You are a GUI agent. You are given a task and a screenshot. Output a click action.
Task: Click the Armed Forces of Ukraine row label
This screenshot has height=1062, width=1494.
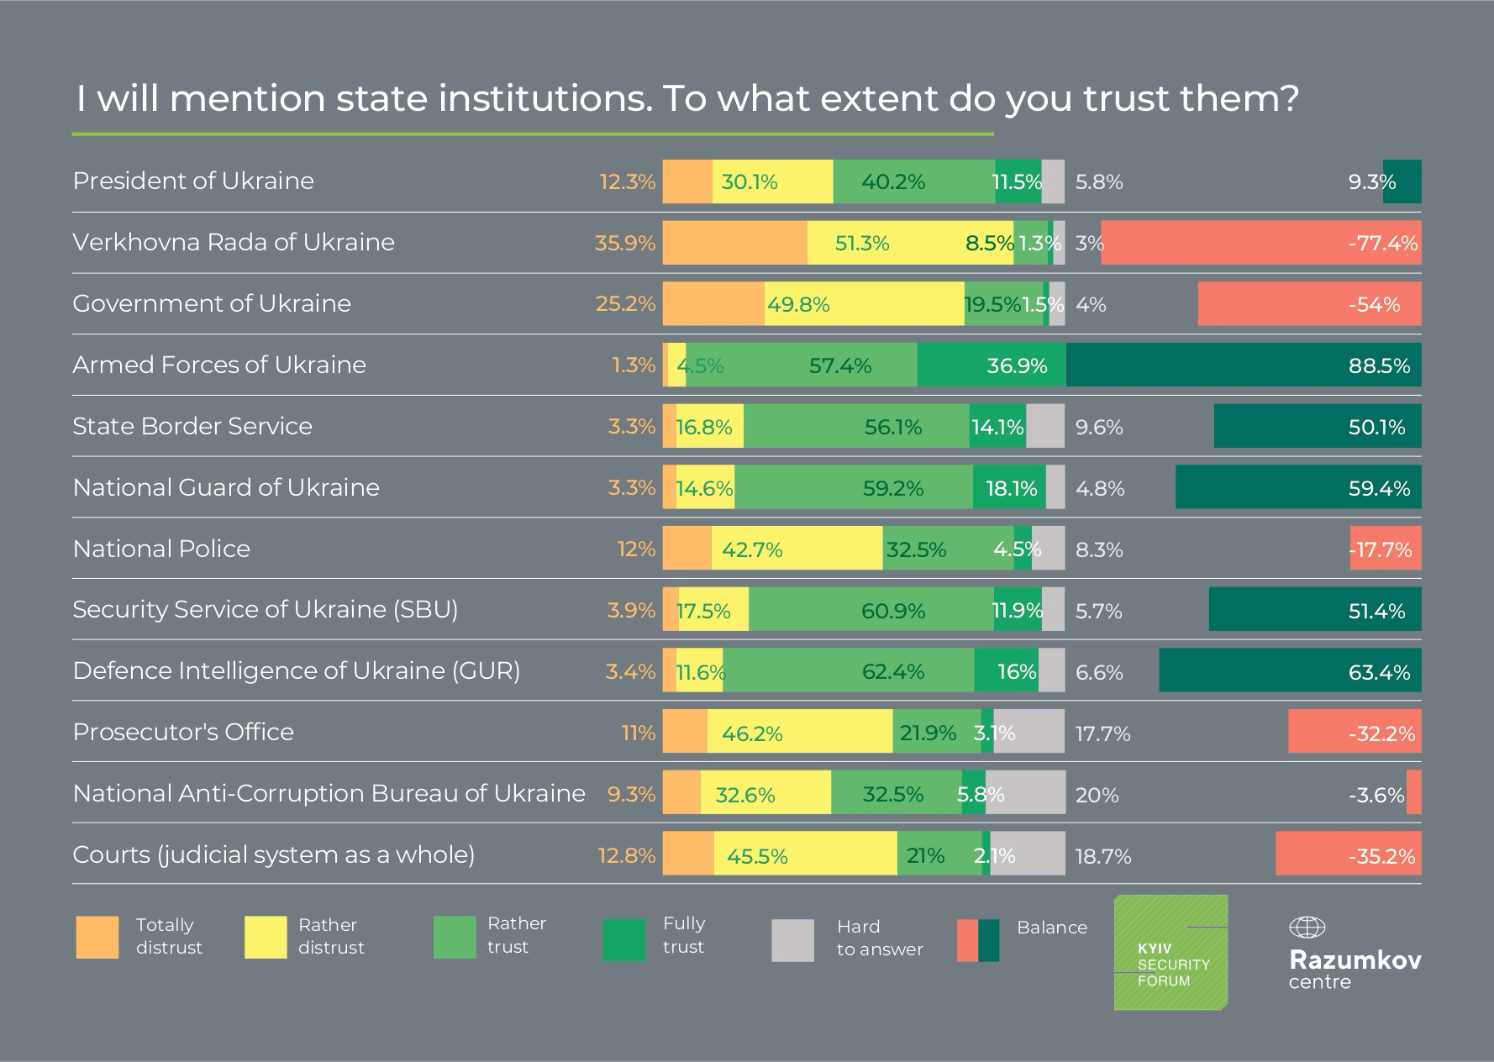[x=219, y=365]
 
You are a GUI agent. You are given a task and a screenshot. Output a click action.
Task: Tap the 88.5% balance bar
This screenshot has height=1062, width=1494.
[x=1244, y=365]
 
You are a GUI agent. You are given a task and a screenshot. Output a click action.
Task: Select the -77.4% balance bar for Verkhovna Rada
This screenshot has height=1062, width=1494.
[x=1260, y=243]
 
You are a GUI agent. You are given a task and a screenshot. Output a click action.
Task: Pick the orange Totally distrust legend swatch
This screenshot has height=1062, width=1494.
[x=97, y=938]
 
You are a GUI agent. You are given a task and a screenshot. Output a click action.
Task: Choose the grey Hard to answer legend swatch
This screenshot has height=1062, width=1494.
[x=792, y=940]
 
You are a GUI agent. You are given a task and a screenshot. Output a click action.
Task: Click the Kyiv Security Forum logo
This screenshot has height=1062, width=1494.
[x=1170, y=952]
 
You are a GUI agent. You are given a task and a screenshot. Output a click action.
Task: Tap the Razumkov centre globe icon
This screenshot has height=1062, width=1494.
[x=1307, y=928]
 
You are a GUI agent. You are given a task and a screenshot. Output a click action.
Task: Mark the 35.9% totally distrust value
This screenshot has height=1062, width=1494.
[x=624, y=243]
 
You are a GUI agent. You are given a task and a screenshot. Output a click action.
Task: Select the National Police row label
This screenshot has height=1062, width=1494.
[x=161, y=549]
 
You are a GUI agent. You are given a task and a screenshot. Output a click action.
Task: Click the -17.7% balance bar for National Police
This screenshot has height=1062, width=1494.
[x=1386, y=549]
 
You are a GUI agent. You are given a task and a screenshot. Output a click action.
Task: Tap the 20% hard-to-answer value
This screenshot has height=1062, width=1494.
[x=1097, y=795]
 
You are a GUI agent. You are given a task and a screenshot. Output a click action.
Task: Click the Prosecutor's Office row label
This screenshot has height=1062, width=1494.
[x=183, y=732]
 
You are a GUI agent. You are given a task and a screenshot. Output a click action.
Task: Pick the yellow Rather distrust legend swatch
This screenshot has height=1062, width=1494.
[x=266, y=938]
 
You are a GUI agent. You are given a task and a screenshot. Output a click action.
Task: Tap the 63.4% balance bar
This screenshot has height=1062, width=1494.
[x=1290, y=670]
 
